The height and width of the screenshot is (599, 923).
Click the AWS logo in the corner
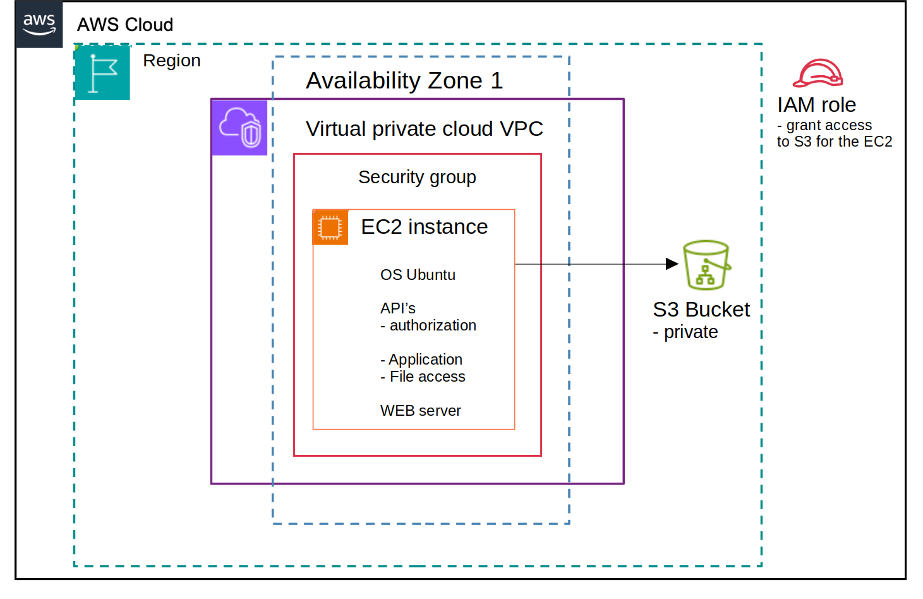click(x=39, y=24)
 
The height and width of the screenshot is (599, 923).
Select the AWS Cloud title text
click(x=125, y=25)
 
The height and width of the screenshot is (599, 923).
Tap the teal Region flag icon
click(x=102, y=73)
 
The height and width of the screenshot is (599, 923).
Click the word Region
click(x=172, y=61)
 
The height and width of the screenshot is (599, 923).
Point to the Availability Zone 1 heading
click(x=404, y=81)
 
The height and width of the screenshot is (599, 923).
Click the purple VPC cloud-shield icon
click(x=239, y=128)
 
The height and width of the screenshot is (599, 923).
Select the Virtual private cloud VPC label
click(x=424, y=129)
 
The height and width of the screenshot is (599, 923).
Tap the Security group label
click(x=417, y=178)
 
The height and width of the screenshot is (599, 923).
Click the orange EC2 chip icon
click(x=330, y=227)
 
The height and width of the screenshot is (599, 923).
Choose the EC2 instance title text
click(x=424, y=227)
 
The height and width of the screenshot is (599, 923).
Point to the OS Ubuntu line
click(x=418, y=275)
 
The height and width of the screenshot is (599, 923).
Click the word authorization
click(x=433, y=325)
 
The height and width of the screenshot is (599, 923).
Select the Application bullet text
click(x=425, y=360)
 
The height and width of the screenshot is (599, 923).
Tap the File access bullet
click(x=427, y=377)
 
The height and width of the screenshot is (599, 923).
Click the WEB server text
click(x=420, y=411)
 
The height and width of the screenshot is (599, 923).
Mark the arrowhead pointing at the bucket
click(x=672, y=264)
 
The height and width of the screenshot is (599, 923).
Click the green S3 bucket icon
click(x=706, y=265)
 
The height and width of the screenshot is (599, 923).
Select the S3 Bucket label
click(x=701, y=310)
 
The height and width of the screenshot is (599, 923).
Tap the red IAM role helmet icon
click(x=818, y=73)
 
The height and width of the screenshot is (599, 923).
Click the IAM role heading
click(x=816, y=105)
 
